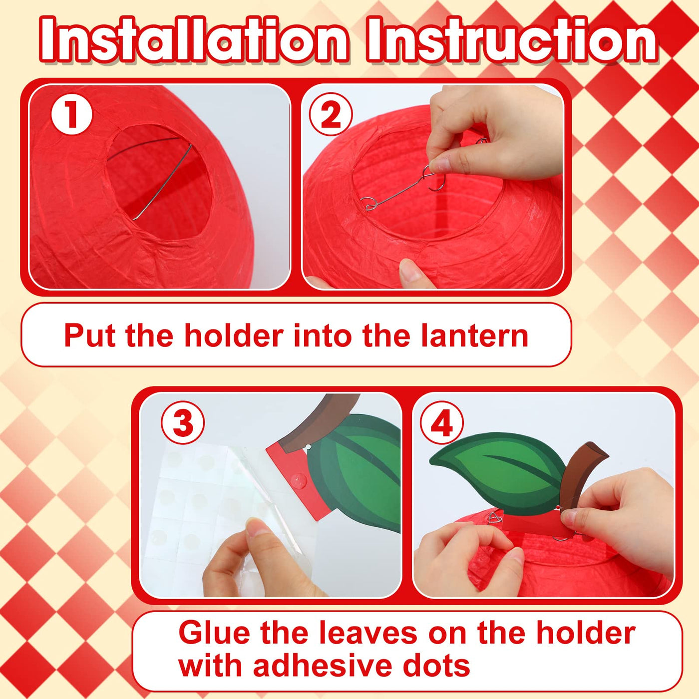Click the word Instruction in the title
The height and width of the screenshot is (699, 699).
[x=512, y=40]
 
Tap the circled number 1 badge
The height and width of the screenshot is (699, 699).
[x=71, y=114]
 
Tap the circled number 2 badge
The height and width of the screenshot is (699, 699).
[x=331, y=114]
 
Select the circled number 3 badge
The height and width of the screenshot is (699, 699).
[x=183, y=423]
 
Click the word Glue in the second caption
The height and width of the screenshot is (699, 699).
[x=214, y=633]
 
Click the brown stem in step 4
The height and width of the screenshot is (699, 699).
[x=580, y=471]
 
